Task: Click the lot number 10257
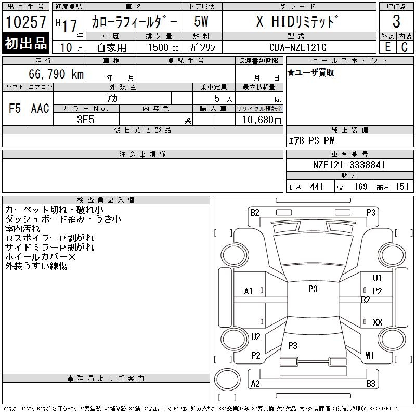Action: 25,22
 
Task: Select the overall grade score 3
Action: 396,21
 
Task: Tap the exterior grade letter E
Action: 387,47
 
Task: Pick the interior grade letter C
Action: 405,47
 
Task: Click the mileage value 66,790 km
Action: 56,74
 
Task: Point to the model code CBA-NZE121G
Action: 298,47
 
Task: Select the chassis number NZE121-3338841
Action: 349,165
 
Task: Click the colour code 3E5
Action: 86,120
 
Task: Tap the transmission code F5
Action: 15,108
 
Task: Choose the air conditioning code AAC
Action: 40,108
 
